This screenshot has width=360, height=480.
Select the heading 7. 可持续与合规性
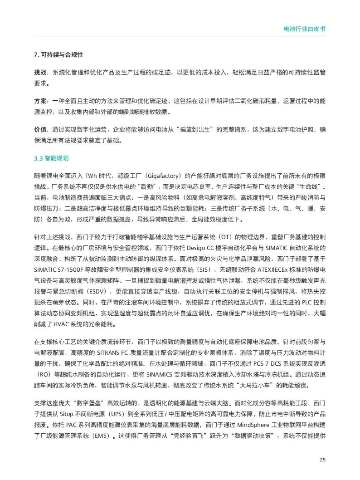(58, 54)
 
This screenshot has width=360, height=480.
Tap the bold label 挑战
(40, 72)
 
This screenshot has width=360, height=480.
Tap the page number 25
(322, 460)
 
